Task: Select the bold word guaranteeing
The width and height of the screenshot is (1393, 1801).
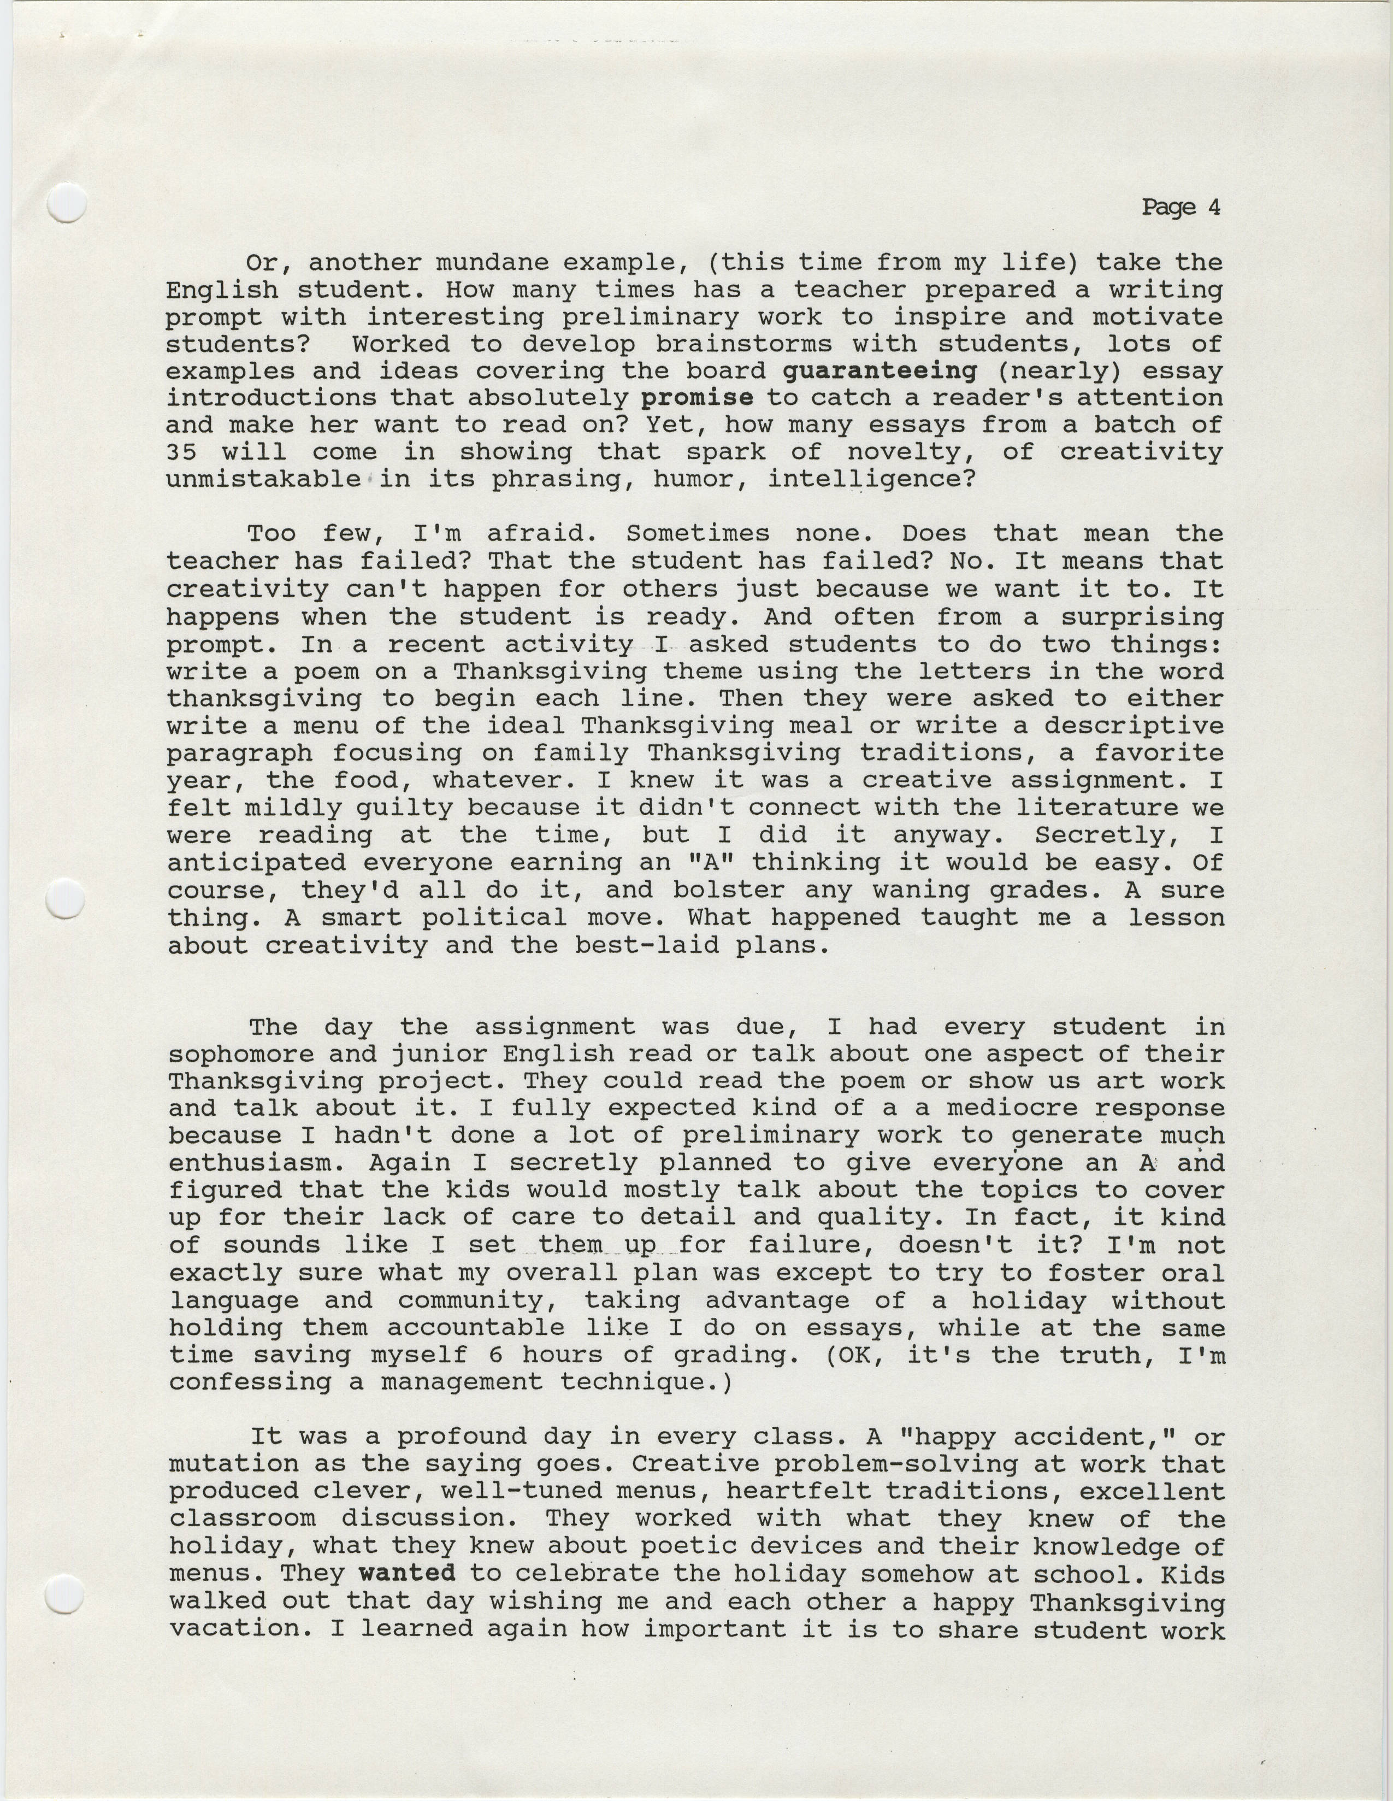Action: pos(880,371)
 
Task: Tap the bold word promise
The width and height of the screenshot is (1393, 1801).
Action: pos(698,398)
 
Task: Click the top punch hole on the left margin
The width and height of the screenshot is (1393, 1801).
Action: pos(66,202)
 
